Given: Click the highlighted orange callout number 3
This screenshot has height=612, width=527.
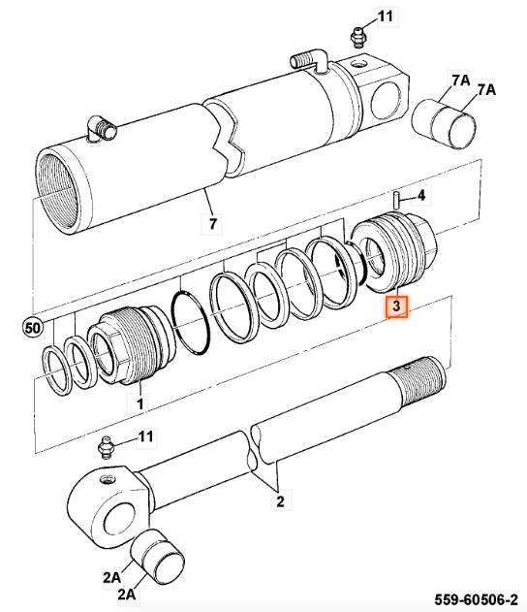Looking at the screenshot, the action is tap(396, 306).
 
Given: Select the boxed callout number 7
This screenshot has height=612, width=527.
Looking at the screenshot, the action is tap(212, 224).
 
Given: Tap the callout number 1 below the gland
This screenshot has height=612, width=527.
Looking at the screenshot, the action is tap(140, 403).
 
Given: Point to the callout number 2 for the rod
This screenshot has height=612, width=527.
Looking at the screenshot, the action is tap(280, 501).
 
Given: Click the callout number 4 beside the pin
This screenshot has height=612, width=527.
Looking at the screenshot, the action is tap(421, 195).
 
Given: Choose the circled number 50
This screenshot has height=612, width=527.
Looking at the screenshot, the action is tap(32, 328).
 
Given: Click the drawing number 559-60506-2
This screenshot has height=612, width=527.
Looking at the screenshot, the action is tap(477, 599).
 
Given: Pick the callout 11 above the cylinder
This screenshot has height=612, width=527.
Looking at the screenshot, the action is tap(386, 16).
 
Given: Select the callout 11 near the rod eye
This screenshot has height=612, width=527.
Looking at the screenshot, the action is tap(145, 436).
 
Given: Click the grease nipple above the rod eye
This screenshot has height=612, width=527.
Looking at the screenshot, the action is tap(106, 448).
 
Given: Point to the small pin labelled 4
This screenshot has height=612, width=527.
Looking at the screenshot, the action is tap(395, 200).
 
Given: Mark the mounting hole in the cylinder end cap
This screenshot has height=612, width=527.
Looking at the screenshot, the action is tap(386, 103).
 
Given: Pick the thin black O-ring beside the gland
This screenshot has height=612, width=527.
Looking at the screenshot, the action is tap(191, 322).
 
